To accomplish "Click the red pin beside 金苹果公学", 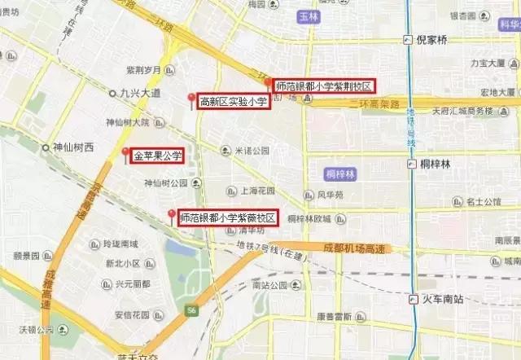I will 125,152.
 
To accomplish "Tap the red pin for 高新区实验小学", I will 192,99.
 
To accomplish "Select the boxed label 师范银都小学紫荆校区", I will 324,86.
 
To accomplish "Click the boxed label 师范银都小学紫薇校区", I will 228,217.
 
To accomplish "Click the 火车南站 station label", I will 443,299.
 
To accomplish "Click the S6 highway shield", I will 190,310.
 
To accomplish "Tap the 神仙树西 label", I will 73,147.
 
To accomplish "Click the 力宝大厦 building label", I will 490,63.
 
